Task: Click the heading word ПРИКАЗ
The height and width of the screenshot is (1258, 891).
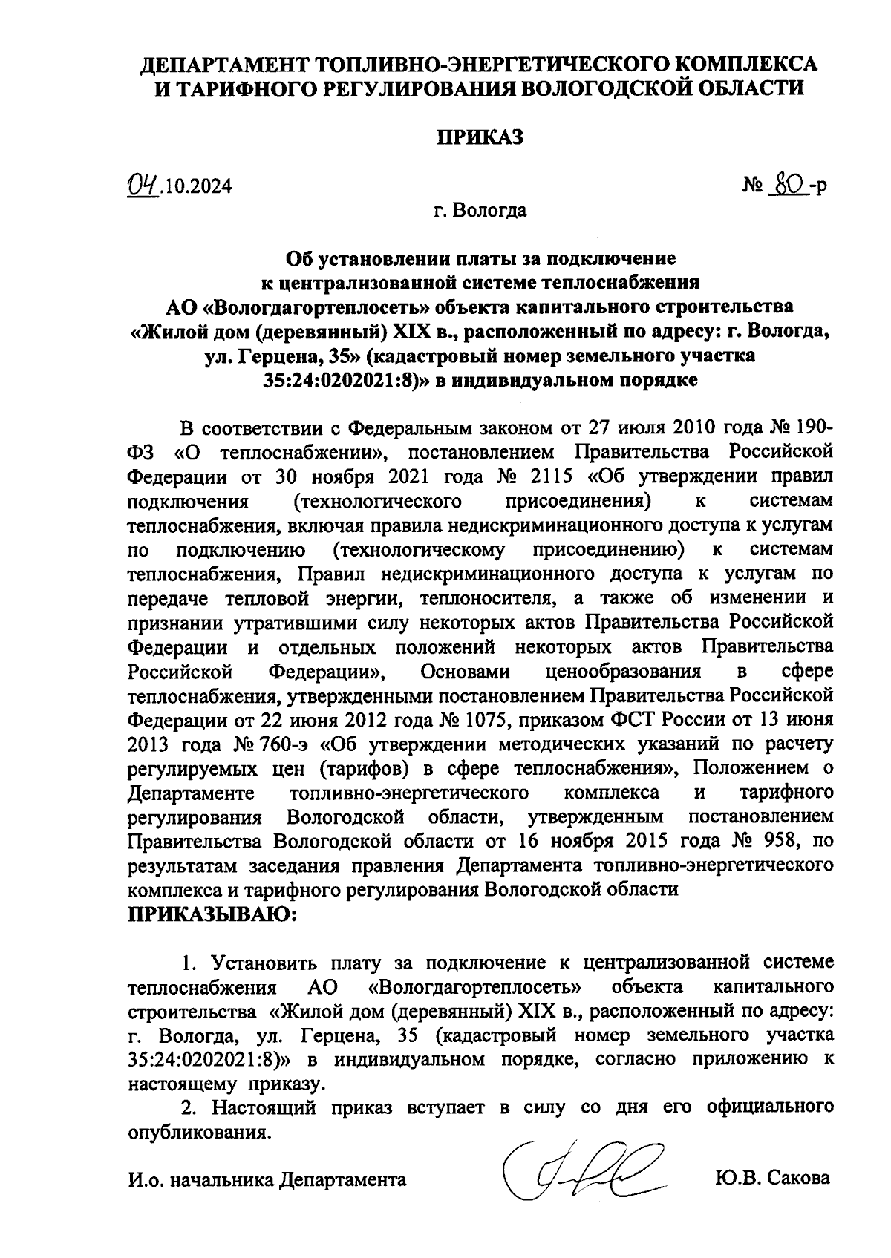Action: (x=479, y=137)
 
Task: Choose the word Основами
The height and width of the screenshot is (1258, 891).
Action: (x=465, y=672)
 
